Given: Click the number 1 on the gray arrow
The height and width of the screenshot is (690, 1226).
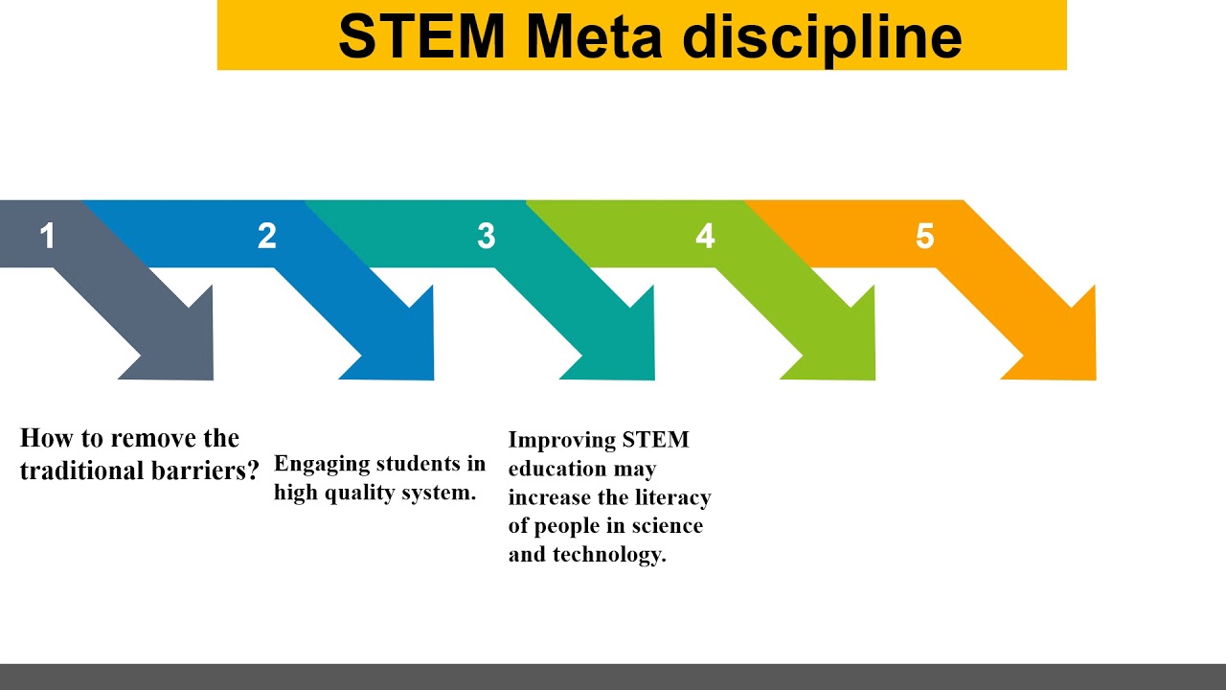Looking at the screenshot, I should [48, 236].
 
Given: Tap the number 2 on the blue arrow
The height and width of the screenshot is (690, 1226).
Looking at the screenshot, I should [267, 236].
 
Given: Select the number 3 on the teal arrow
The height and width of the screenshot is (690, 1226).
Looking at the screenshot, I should [487, 236].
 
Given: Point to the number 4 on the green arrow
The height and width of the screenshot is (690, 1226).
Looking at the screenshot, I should [706, 236].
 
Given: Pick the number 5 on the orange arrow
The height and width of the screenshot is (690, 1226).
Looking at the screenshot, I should [924, 236].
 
